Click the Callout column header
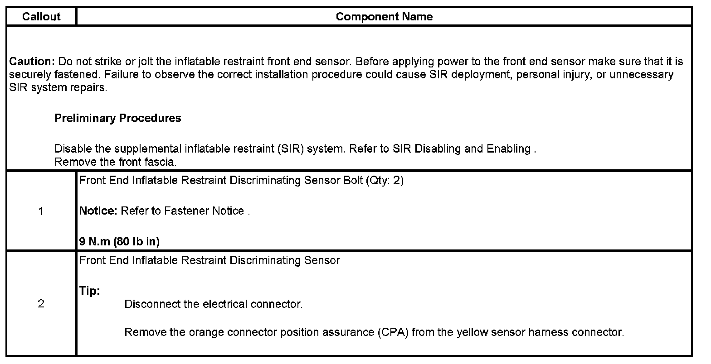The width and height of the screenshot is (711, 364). click(x=41, y=17)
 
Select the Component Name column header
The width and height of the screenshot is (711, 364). click(x=384, y=17)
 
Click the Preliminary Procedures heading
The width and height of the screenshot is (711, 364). click(x=118, y=118)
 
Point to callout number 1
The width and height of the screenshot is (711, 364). click(x=41, y=211)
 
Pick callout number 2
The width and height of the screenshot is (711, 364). click(x=41, y=304)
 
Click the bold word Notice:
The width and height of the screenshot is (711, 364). click(x=98, y=211)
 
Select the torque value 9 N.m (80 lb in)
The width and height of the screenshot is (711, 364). click(x=119, y=242)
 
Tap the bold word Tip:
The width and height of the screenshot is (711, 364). click(x=89, y=291)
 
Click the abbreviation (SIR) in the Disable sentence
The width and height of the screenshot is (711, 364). click(x=290, y=149)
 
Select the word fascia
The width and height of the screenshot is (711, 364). click(x=161, y=162)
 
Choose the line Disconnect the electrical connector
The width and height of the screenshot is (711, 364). click(x=213, y=304)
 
